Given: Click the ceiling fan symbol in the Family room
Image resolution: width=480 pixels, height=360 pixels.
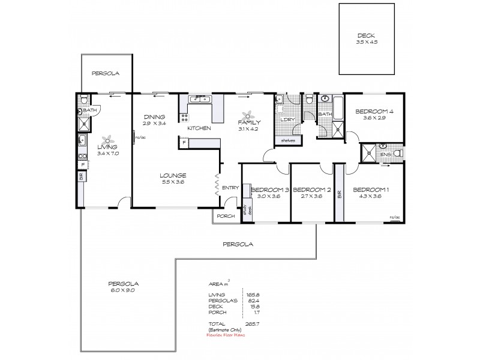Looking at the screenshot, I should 247,116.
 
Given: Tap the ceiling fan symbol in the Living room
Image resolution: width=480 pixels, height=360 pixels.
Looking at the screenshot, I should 107,139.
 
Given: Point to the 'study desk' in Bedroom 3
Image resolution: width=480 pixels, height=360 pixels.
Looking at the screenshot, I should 245,211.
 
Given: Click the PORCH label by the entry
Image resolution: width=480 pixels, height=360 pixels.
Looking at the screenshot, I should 224,217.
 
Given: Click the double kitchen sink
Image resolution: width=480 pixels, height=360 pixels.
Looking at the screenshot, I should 197,100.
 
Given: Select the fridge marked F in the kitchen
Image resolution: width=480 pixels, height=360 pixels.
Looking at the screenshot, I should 184,143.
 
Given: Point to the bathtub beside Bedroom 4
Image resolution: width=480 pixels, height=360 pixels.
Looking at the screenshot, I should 337,110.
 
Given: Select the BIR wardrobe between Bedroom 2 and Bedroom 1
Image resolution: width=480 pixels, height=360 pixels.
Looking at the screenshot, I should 340,194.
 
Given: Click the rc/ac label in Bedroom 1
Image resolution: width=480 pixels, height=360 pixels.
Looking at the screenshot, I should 394,217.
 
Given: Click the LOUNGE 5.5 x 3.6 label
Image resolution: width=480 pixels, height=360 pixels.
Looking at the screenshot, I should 172,179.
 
